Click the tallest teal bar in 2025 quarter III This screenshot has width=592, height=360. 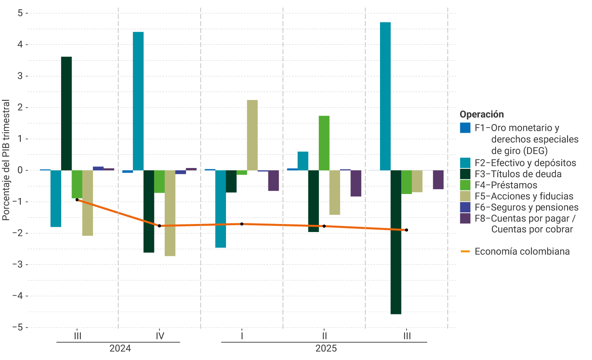pyautogui.click(x=385, y=96)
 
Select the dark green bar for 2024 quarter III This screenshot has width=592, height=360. pyautogui.click(x=66, y=114)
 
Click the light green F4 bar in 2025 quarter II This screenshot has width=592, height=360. pyautogui.click(x=324, y=143)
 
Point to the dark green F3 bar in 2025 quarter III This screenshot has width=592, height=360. pyautogui.click(x=396, y=242)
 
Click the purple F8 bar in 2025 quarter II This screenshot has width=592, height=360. pyautogui.click(x=356, y=183)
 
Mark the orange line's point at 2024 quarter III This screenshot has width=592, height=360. pyautogui.click(x=77, y=200)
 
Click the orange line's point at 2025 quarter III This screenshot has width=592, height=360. pyautogui.click(x=406, y=230)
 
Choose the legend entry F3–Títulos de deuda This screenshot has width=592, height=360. pyautogui.click(x=518, y=174)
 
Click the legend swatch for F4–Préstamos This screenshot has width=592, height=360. pyautogui.click(x=465, y=185)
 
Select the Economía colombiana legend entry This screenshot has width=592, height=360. pyautogui.click(x=522, y=252)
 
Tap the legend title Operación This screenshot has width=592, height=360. pyautogui.click(x=482, y=114)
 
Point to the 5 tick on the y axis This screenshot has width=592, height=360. pyautogui.click(x=20, y=13)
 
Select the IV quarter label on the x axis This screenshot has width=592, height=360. pyautogui.click(x=160, y=336)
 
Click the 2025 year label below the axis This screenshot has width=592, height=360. pyautogui.click(x=326, y=348)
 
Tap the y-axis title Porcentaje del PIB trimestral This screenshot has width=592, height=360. pyautogui.click(x=6, y=160)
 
